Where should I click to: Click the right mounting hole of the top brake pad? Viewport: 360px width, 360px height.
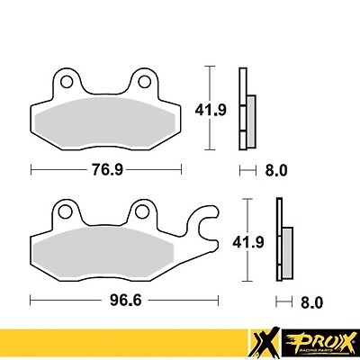tap(141, 83)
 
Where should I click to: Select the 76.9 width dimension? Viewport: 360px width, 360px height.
tap(106, 168)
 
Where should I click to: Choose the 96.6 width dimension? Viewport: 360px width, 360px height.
tap(106, 298)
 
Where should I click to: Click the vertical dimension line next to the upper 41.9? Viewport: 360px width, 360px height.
tap(209, 107)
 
